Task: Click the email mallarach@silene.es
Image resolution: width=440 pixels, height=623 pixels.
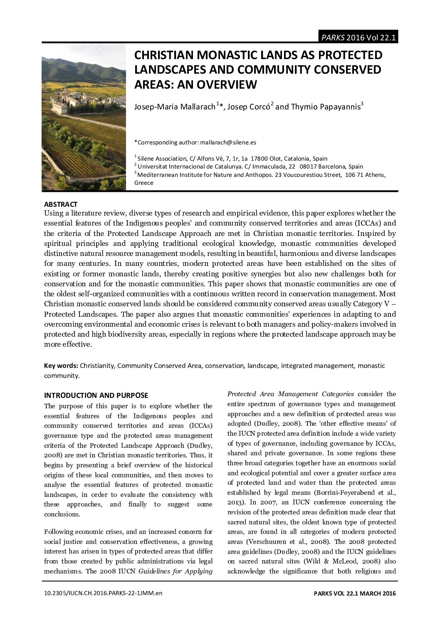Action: point(228,142)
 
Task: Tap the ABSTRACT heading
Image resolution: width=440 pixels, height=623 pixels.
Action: point(61,204)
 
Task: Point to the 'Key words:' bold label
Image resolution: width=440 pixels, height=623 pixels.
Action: point(61,366)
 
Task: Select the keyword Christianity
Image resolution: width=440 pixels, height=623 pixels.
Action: point(97,366)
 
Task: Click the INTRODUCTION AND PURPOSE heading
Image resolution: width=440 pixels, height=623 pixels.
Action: point(96,395)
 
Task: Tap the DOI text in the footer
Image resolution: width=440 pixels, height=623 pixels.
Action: point(103,593)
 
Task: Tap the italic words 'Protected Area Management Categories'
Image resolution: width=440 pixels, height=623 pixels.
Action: point(290,394)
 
